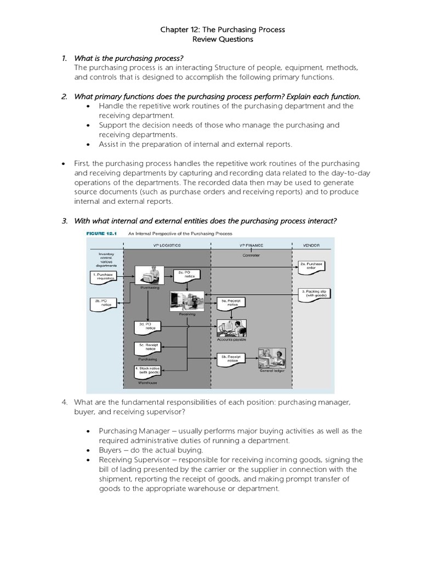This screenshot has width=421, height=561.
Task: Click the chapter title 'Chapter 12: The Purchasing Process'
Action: tap(222, 29)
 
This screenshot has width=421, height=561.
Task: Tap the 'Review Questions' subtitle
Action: tap(222, 39)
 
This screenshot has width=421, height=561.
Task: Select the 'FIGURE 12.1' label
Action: tap(103, 233)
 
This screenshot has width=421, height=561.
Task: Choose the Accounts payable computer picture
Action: tap(231, 327)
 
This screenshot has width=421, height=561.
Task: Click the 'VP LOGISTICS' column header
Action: tap(167, 245)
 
